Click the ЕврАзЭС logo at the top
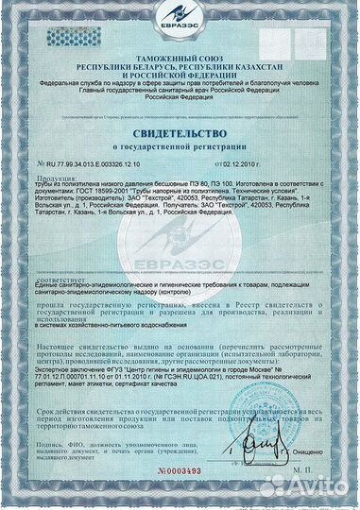[180, 22]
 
